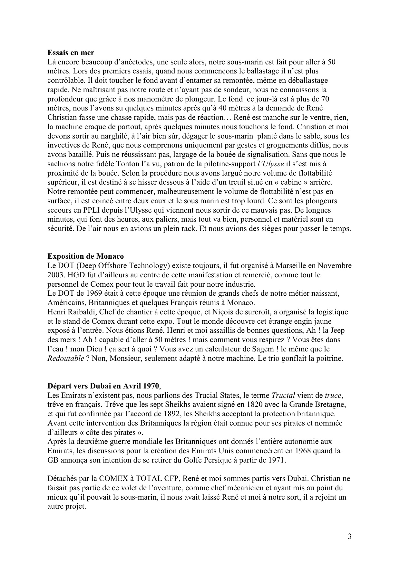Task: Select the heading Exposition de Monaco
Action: [x=85, y=256]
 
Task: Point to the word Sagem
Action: [x=277, y=349]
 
